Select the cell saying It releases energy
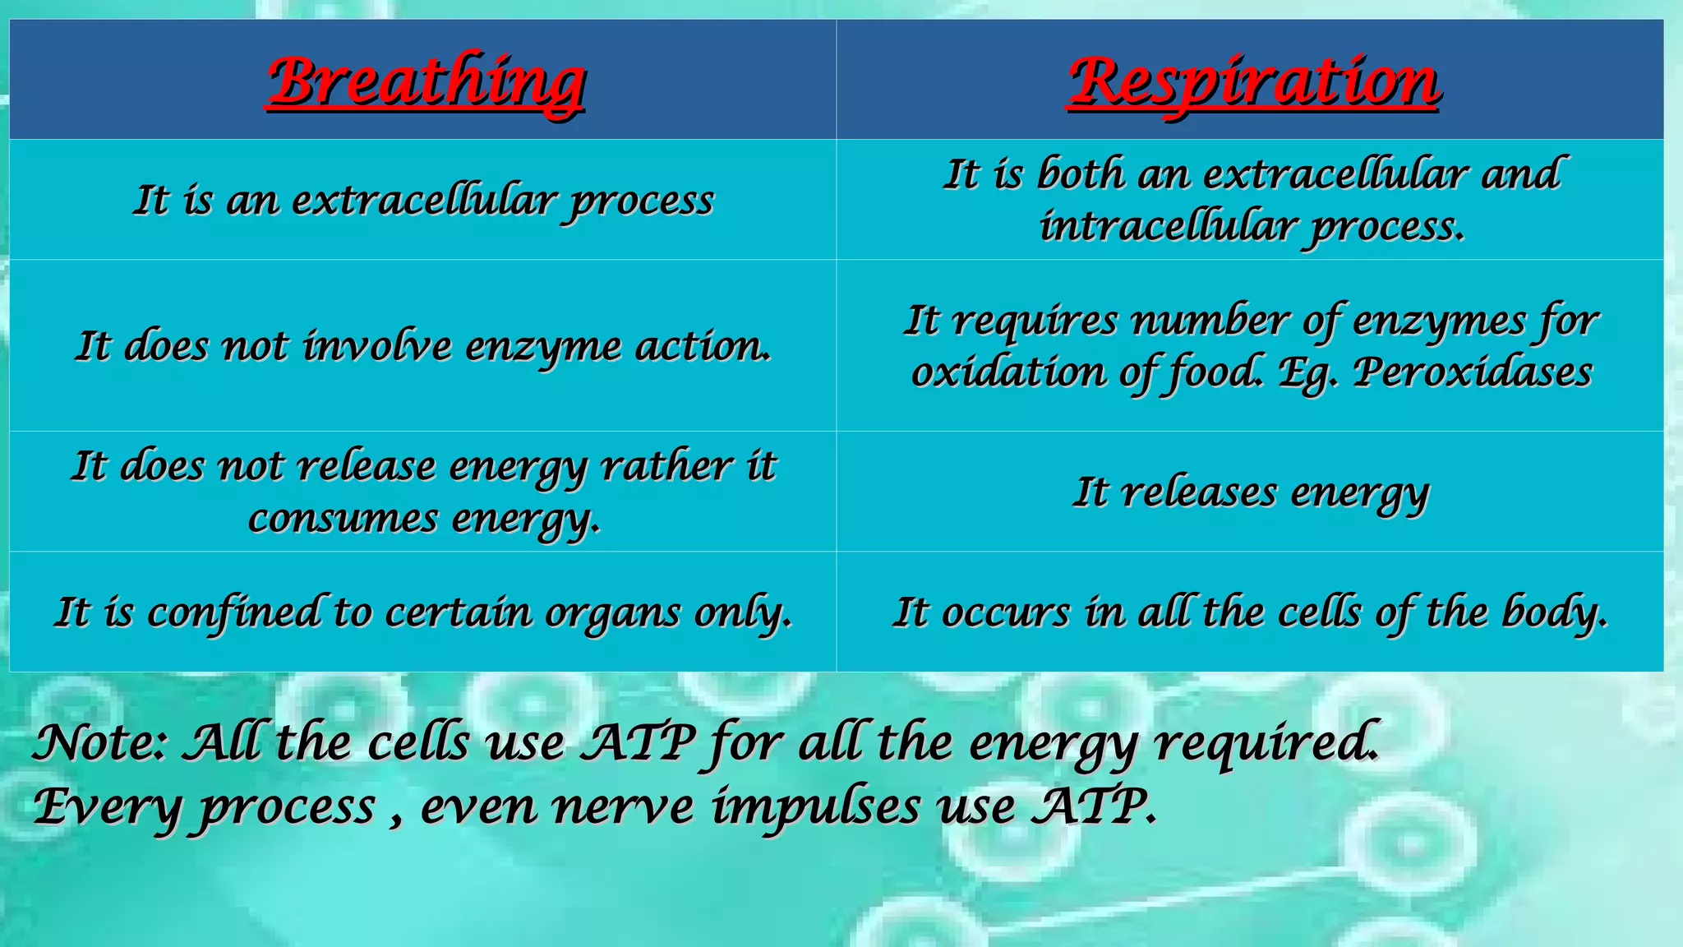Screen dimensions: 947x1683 [1251, 492]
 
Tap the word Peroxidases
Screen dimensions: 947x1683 [1472, 372]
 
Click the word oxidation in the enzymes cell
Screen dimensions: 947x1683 [1008, 372]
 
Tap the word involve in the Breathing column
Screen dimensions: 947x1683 [376, 346]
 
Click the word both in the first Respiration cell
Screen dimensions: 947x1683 [1080, 174]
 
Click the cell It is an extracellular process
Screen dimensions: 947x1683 [423, 201]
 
